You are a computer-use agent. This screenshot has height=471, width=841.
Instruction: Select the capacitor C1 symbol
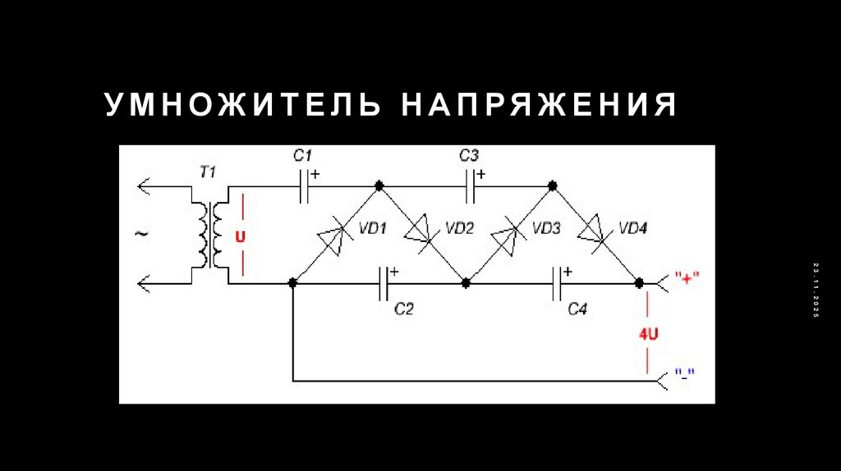[304, 186]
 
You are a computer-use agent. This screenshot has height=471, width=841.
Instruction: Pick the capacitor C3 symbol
[471, 186]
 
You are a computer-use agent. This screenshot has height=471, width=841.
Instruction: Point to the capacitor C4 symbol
[558, 283]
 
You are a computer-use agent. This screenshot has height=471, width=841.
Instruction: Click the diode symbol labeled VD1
[335, 235]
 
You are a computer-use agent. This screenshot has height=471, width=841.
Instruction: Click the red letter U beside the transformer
[240, 236]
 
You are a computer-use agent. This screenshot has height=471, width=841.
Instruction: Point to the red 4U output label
[649, 335]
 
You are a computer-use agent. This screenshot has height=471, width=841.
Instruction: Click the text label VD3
[546, 228]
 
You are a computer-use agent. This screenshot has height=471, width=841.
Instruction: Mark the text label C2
[403, 309]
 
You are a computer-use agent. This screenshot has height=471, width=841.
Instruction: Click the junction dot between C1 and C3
[379, 186]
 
